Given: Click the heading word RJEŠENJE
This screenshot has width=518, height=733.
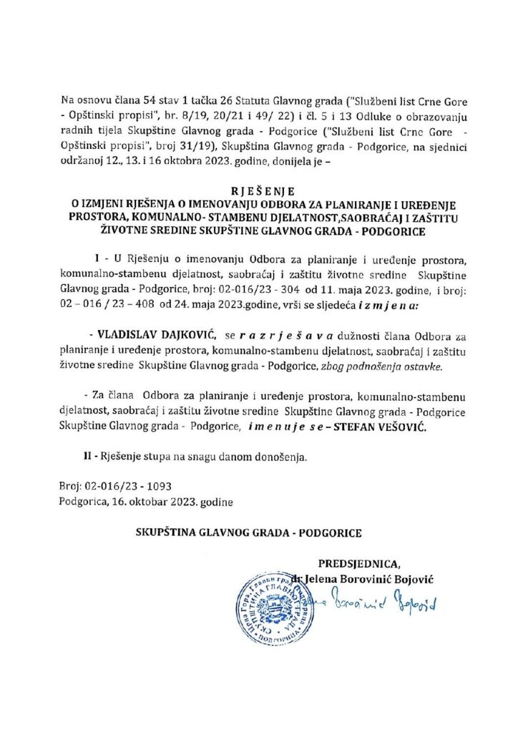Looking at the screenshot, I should click(259, 193).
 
